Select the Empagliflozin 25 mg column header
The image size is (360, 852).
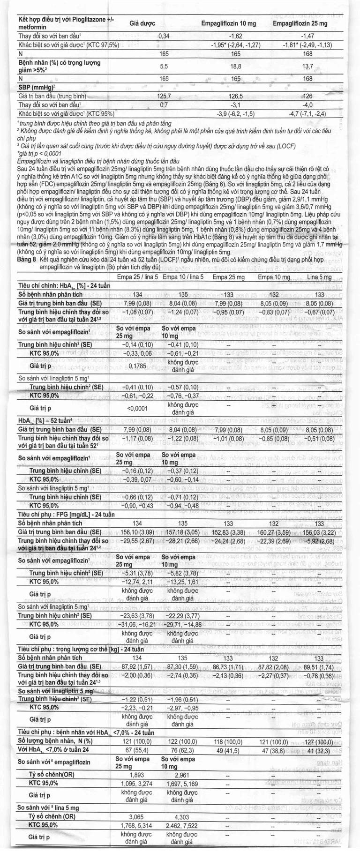[300, 23]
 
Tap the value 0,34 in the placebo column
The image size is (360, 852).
[164, 36]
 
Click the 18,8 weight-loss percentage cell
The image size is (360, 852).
[235, 67]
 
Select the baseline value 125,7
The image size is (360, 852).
[164, 96]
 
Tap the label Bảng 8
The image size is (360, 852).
[26, 259]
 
